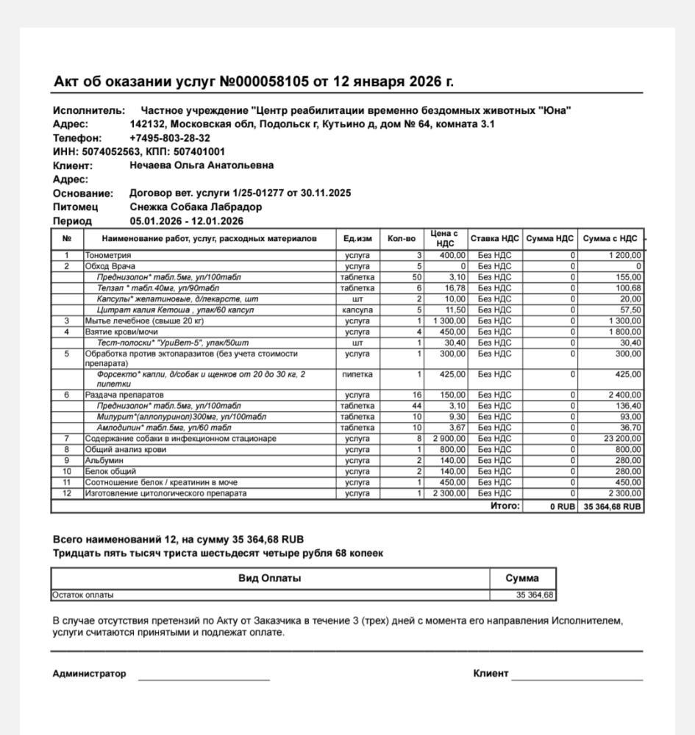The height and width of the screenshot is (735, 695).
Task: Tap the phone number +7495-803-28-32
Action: [x=169, y=138]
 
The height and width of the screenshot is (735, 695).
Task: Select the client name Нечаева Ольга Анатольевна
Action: [x=202, y=165]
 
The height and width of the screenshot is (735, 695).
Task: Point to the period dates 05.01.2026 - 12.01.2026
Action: [x=186, y=221]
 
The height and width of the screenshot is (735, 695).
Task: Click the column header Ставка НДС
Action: [x=495, y=238]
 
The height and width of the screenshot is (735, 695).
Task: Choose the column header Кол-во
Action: [x=402, y=238]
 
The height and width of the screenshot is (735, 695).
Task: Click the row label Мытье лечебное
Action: [x=144, y=320]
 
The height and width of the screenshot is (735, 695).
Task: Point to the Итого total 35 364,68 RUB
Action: [x=611, y=506]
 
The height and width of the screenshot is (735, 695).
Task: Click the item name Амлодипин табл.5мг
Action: [x=164, y=428]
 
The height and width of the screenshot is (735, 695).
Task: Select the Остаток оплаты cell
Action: [x=83, y=595]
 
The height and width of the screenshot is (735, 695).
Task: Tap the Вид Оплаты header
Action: [x=269, y=578]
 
